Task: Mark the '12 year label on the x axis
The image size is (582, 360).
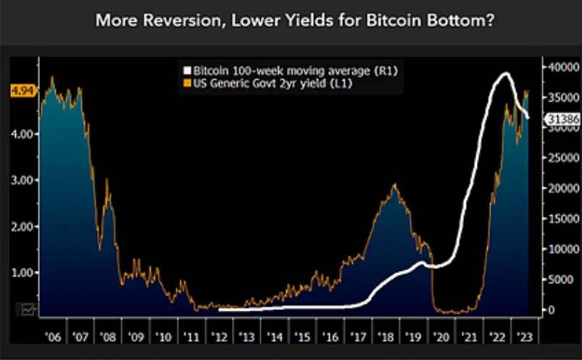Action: click(219, 338)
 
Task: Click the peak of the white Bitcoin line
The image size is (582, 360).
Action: click(506, 74)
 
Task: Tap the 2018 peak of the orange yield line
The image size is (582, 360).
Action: click(394, 185)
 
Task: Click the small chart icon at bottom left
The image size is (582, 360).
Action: click(28, 309)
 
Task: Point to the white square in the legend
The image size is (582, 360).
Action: click(186, 71)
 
